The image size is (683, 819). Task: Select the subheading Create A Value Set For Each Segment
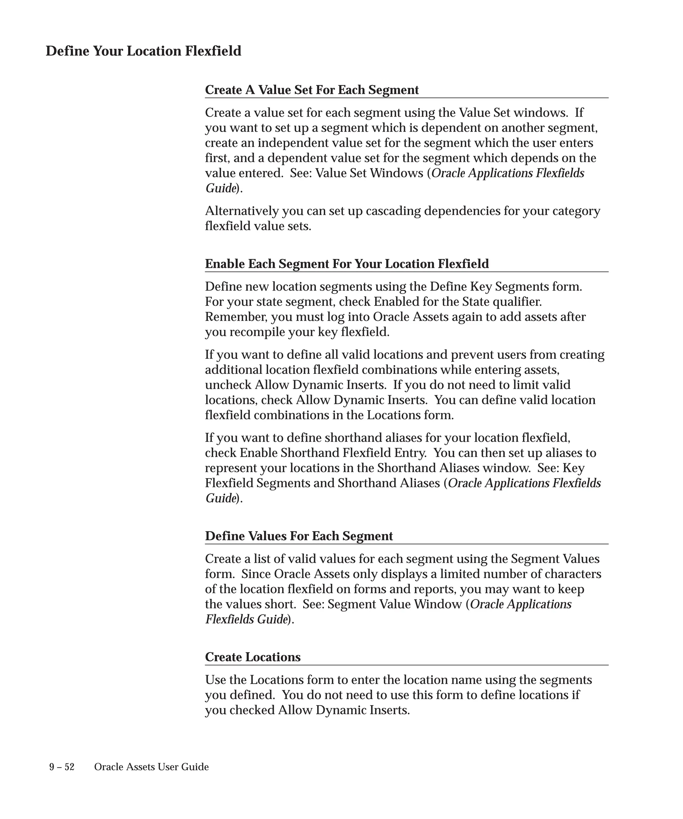[311, 90]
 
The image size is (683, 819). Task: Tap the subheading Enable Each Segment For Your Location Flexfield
[347, 264]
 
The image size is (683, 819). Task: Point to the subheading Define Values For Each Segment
[298, 536]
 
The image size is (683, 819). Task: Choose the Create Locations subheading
[252, 657]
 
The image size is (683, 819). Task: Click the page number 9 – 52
[62, 767]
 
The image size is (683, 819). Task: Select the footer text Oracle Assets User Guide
[151, 767]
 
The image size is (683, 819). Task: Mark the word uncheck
[228, 385]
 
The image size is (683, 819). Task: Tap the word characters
[573, 574]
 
